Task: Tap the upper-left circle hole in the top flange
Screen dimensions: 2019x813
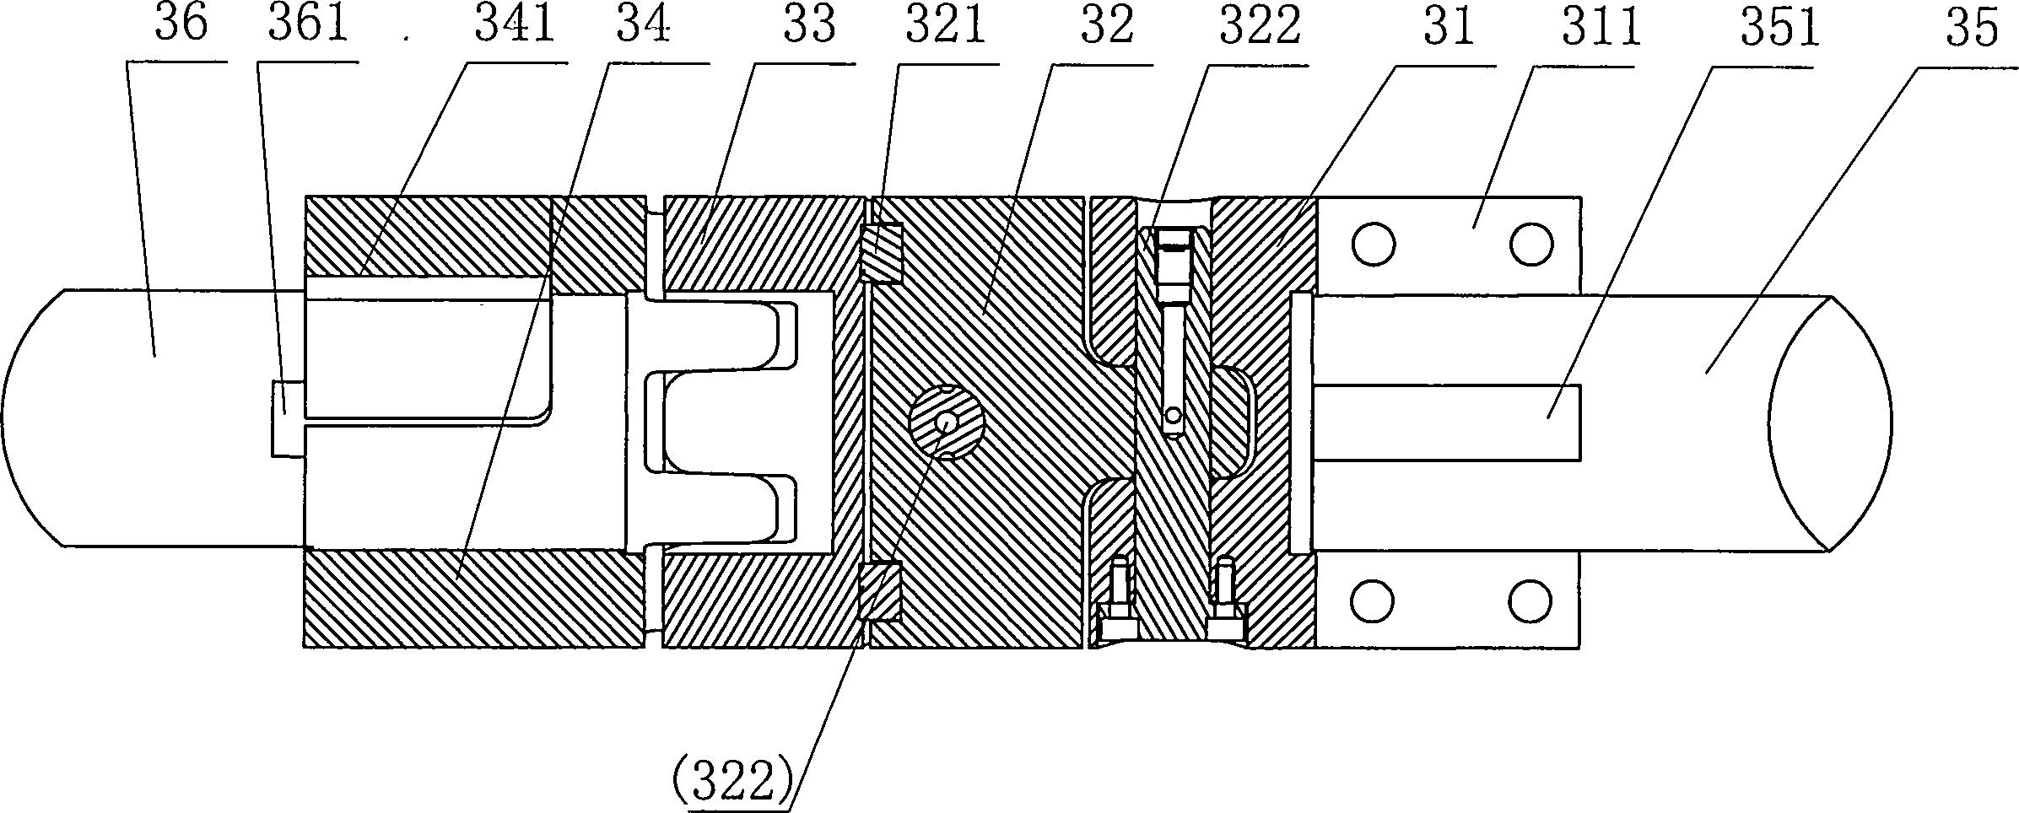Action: click(1372, 245)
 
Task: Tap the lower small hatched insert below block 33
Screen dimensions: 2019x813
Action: click(880, 591)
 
